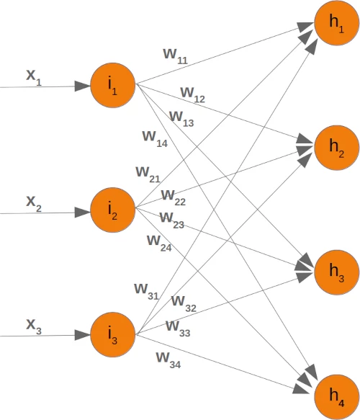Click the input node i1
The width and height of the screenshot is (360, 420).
pyautogui.click(x=113, y=86)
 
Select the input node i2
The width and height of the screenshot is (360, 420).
pyautogui.click(x=113, y=211)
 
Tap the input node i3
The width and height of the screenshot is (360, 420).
pyautogui.click(x=113, y=335)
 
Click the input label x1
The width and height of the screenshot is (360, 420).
pyautogui.click(x=34, y=76)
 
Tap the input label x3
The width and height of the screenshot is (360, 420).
pyautogui.click(x=34, y=326)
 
